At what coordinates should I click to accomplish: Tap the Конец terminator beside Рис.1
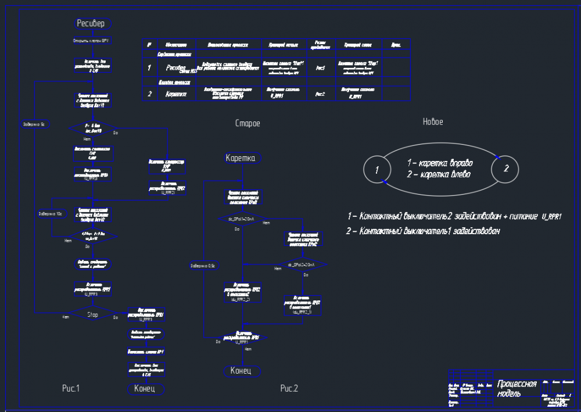coord(145,388)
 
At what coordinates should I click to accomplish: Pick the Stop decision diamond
coord(93,314)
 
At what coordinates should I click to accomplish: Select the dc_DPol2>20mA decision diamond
coord(302,265)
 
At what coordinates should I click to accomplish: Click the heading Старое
coord(247,123)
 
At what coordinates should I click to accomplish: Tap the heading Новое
coord(433,122)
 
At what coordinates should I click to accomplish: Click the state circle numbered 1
coord(376,170)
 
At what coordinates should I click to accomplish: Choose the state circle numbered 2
coord(505,169)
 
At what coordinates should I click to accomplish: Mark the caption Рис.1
coord(70,388)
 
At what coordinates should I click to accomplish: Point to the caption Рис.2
coord(289,388)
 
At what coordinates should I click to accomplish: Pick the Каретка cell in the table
coord(172,94)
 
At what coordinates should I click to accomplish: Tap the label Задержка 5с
coord(34,124)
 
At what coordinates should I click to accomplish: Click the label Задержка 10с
coord(51,214)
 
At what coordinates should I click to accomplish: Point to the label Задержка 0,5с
coord(203,266)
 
